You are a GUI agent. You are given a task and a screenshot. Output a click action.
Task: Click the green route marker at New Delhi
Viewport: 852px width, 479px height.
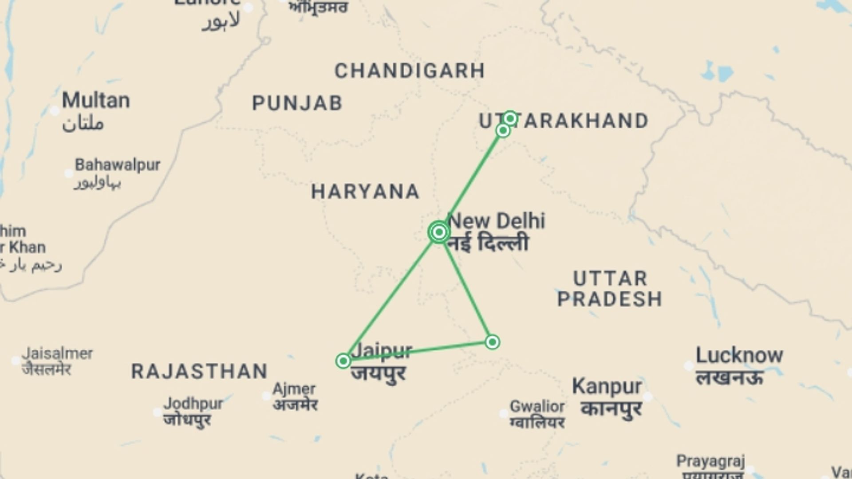439,232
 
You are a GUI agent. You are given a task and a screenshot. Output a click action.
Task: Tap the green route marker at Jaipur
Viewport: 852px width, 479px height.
343,361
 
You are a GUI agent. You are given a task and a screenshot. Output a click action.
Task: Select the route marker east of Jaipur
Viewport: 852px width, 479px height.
492,342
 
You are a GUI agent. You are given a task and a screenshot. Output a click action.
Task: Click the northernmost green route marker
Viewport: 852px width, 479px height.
510,118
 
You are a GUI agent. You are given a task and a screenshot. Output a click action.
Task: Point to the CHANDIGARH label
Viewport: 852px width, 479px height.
410,71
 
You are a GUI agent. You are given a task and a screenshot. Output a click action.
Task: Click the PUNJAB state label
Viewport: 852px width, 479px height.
297,103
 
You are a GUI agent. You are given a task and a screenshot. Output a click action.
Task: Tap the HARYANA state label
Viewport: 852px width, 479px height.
365,192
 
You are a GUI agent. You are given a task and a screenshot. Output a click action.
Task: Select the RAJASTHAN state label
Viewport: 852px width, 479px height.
200,372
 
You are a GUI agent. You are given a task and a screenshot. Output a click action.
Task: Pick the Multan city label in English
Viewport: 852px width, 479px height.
96,100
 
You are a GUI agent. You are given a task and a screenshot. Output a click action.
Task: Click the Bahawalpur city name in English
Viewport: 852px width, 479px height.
118,165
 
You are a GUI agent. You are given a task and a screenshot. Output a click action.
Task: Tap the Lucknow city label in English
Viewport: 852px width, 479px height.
739,355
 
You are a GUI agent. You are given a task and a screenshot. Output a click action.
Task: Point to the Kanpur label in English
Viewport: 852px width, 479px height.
607,387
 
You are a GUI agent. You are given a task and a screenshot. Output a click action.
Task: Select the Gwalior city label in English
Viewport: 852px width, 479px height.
537,406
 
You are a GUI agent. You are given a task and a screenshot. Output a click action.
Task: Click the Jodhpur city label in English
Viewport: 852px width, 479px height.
193,404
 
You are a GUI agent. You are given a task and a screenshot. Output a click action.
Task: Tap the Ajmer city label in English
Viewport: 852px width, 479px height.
294,389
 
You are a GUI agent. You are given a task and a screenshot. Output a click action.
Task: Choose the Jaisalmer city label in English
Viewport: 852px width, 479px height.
58,353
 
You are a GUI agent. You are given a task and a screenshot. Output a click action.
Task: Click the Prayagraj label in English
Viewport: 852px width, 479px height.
710,461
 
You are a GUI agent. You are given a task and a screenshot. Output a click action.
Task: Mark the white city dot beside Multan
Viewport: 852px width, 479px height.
55,110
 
